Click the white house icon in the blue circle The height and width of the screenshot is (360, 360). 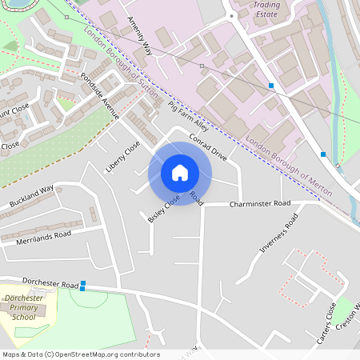pyautogui.click(x=180, y=172)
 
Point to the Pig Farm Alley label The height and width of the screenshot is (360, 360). pyautogui.click(x=189, y=117)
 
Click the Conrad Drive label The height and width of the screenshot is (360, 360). pyautogui.click(x=209, y=147)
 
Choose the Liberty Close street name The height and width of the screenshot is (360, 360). pyautogui.click(x=122, y=157)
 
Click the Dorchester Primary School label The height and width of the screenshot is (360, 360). pyautogui.click(x=24, y=307)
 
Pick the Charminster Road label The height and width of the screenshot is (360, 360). pyautogui.click(x=259, y=204)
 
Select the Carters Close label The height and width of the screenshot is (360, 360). pyautogui.click(x=326, y=323)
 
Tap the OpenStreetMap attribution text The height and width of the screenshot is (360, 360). pyautogui.click(x=80, y=354)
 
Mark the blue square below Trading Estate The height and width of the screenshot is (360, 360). pyautogui.click(x=272, y=86)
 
